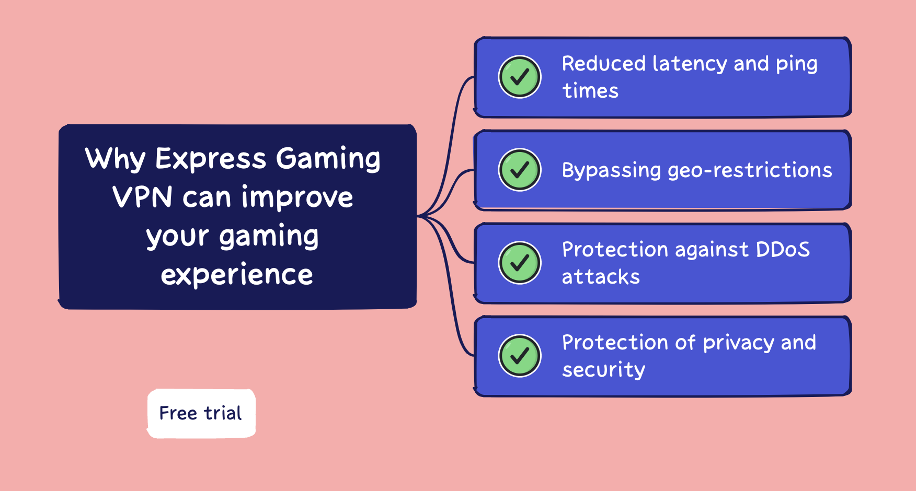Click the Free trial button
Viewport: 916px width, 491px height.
pyautogui.click(x=201, y=413)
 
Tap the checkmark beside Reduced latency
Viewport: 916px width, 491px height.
pyautogui.click(x=520, y=77)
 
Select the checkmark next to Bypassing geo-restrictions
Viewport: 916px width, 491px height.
pyautogui.click(x=520, y=170)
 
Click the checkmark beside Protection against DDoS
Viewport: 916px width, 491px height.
pyautogui.click(x=520, y=263)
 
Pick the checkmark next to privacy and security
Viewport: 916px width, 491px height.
pyautogui.click(x=520, y=356)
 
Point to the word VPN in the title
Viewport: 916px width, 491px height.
pyautogui.click(x=142, y=197)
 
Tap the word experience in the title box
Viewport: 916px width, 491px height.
pyautogui.click(x=237, y=275)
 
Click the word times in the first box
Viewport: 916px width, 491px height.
pyautogui.click(x=590, y=91)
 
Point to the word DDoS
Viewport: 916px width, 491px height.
pyautogui.click(x=783, y=250)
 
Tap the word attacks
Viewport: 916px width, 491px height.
pyautogui.click(x=601, y=277)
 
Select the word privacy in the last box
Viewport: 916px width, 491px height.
pyautogui.click(x=738, y=343)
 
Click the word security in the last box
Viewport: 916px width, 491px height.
pyautogui.click(x=604, y=370)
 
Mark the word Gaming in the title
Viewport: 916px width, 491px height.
pyautogui.click(x=328, y=159)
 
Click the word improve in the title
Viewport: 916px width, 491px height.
pyautogui.click(x=297, y=197)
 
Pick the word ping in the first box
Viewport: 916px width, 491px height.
pyautogui.click(x=796, y=64)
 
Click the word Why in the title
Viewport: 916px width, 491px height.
pyautogui.click(x=116, y=159)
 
